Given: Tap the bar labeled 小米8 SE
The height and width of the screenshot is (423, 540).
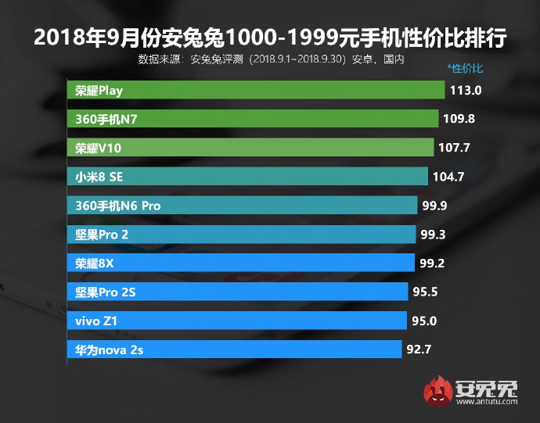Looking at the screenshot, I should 247,176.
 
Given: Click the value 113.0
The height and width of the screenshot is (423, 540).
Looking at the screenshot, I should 466,91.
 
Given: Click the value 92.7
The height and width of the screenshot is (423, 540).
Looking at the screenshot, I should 419,350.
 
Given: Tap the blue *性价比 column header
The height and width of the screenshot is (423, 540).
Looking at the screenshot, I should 465,69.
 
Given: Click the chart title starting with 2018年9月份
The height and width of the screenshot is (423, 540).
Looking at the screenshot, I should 270,36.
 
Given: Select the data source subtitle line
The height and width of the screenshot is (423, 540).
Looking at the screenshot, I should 270,58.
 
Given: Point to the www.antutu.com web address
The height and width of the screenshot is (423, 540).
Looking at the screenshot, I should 485,403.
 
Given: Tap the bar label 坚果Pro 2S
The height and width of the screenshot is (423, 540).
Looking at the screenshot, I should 106,292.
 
